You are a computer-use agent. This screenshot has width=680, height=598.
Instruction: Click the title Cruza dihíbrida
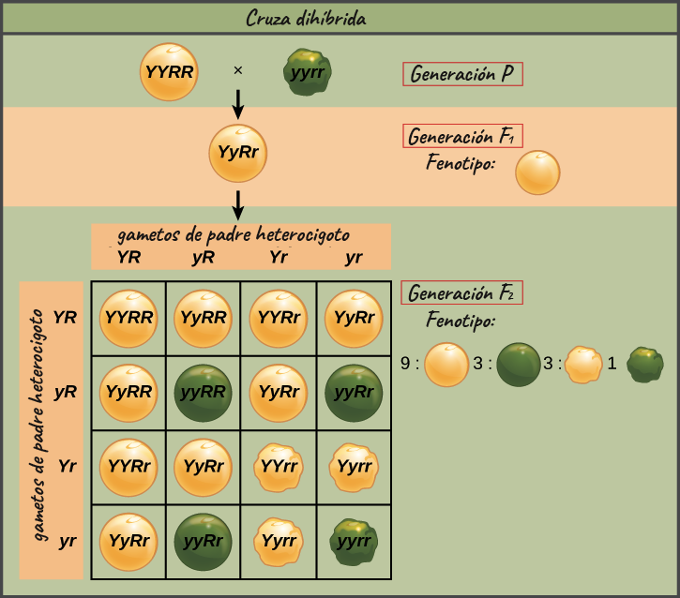coord(306,18)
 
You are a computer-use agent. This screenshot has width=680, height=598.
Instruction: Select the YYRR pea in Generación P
coord(169,72)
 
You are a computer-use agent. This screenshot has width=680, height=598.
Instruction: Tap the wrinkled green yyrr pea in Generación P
coord(307,72)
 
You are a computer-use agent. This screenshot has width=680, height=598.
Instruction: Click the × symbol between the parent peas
coord(237,70)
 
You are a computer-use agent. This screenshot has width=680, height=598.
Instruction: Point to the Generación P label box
coord(462,74)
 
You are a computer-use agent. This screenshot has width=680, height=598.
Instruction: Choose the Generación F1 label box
coord(462,136)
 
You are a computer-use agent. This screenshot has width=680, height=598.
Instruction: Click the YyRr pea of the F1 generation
coord(237,153)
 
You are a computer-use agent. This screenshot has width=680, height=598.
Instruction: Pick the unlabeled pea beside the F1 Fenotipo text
coord(537,172)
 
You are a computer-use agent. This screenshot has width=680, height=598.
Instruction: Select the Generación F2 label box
coord(461,292)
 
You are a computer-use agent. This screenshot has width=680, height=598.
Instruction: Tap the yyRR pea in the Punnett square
coord(203,393)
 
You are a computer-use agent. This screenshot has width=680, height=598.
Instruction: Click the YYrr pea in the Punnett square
coord(279,468)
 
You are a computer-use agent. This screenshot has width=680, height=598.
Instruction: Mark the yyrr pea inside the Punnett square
coord(354,542)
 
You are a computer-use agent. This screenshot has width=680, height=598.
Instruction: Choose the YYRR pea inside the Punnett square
coord(128,319)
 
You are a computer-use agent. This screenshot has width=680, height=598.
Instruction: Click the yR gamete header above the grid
coord(203,258)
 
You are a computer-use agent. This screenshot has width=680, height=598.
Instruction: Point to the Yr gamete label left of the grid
coord(68,466)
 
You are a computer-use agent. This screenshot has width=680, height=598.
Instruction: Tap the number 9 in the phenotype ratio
coord(405,364)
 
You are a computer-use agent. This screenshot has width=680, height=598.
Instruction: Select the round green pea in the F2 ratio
coord(519,365)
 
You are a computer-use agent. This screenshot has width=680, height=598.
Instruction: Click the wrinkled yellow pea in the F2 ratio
coord(583,365)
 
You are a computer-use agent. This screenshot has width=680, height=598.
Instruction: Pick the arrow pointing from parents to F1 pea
coord(237,104)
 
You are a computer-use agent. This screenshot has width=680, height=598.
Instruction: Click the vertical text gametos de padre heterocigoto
coord(38,425)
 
